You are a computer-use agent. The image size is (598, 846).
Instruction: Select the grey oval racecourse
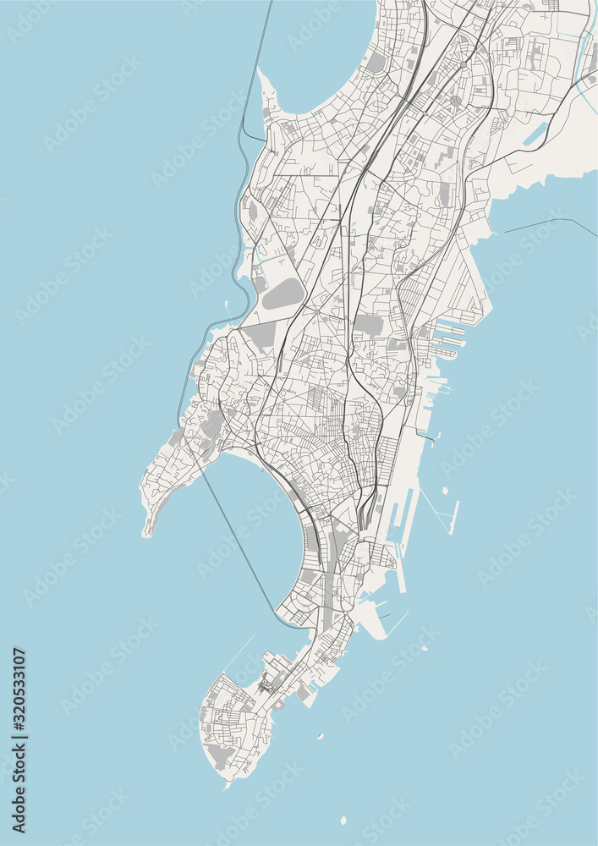pos(283,294)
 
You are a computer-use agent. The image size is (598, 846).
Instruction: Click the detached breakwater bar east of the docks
pos(454,517)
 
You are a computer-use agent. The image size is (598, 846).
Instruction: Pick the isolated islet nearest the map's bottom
pos(343,820)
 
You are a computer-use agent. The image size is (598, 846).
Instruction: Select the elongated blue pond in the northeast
pos(535,133)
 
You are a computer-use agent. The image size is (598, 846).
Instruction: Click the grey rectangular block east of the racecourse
pos(368,324)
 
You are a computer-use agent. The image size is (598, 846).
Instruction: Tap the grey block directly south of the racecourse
pos(262,336)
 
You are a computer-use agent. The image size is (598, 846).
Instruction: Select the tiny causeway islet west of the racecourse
pos(228,304)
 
